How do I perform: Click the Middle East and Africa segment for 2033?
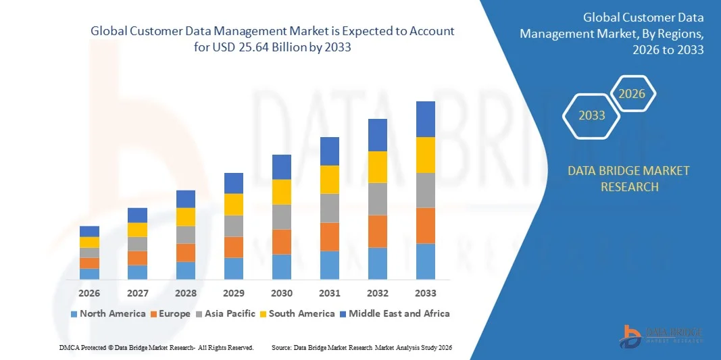click(x=426, y=119)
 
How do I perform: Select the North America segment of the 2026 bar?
click(x=89, y=274)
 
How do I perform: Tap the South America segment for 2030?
click(x=282, y=192)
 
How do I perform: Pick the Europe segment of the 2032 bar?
click(x=378, y=231)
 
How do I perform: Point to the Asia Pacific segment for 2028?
click(x=186, y=234)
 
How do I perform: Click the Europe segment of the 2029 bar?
click(x=234, y=247)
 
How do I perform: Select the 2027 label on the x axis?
click(x=137, y=293)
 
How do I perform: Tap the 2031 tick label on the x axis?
click(x=330, y=293)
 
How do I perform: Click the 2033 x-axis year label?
click(x=426, y=293)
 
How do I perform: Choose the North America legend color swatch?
click(x=74, y=314)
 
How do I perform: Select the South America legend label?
click(x=301, y=313)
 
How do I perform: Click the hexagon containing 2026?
click(x=632, y=94)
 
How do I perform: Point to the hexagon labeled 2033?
click(x=592, y=115)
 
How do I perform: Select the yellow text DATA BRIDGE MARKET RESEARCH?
click(x=629, y=178)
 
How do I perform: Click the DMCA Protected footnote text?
click(x=155, y=347)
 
